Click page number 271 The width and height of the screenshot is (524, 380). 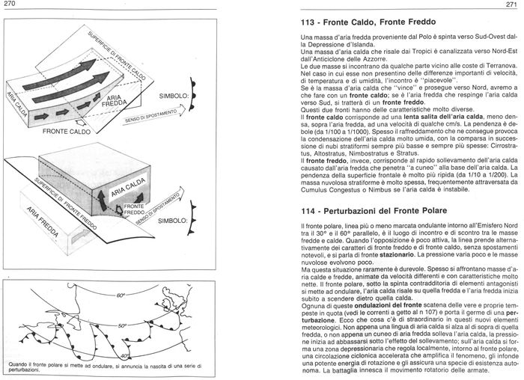click(x=514, y=6)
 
